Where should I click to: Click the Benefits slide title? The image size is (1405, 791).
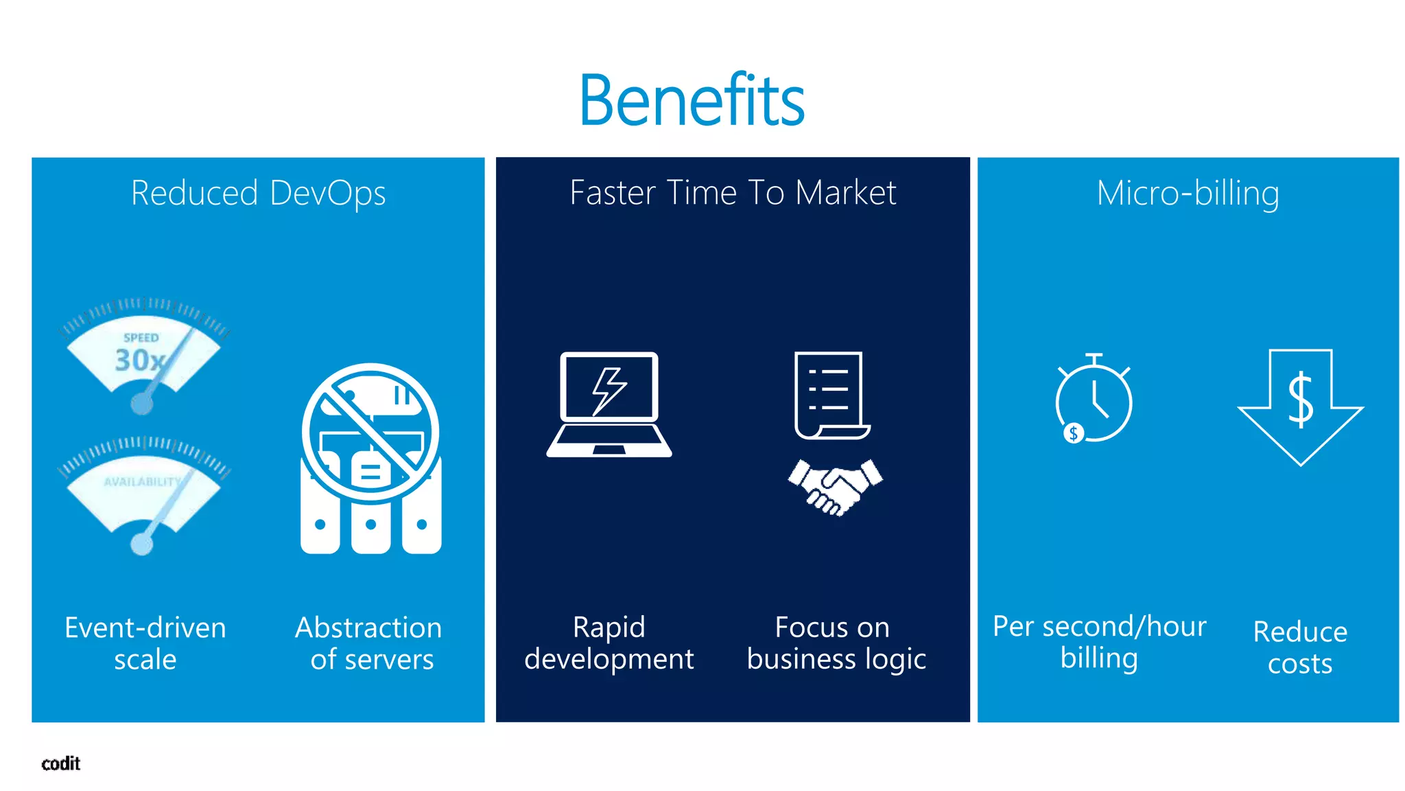coord(692,100)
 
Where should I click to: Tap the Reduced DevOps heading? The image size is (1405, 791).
coord(258,193)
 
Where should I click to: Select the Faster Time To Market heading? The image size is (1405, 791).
coord(733,192)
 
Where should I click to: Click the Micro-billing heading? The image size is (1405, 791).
coord(1188,193)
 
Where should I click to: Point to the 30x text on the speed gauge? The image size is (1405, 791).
coord(139,360)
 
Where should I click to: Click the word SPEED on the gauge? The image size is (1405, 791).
coord(141,338)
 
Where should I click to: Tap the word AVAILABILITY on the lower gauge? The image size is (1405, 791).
coord(142,482)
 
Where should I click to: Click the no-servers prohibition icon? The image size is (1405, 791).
coord(370,433)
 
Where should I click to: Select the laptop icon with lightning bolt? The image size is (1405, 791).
coord(609,404)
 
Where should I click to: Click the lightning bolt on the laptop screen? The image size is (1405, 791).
coord(609,390)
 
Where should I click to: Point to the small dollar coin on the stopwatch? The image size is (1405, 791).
coord(1073,433)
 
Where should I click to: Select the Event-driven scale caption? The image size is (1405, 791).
coord(145,643)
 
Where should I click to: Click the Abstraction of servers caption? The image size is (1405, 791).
coord(369,643)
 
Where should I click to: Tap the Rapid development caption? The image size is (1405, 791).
coord(609,643)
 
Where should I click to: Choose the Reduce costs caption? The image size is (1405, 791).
coord(1300,647)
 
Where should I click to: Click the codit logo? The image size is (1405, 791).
coord(61,764)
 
